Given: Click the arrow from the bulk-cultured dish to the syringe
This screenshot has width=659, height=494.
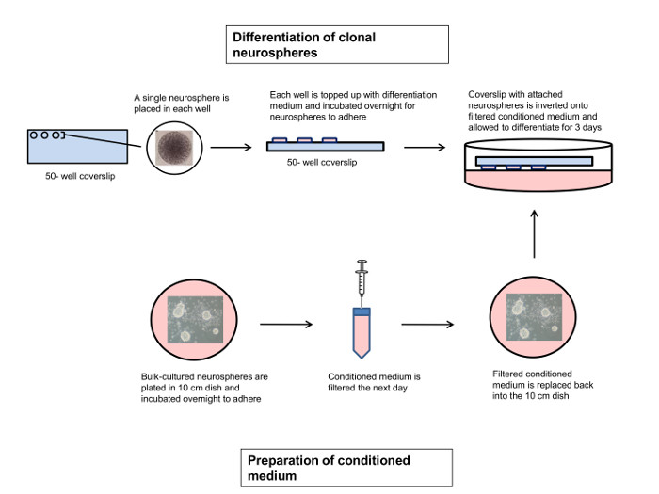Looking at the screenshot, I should point(285,325).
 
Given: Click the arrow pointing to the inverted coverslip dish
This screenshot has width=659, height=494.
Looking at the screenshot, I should point(434,147).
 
